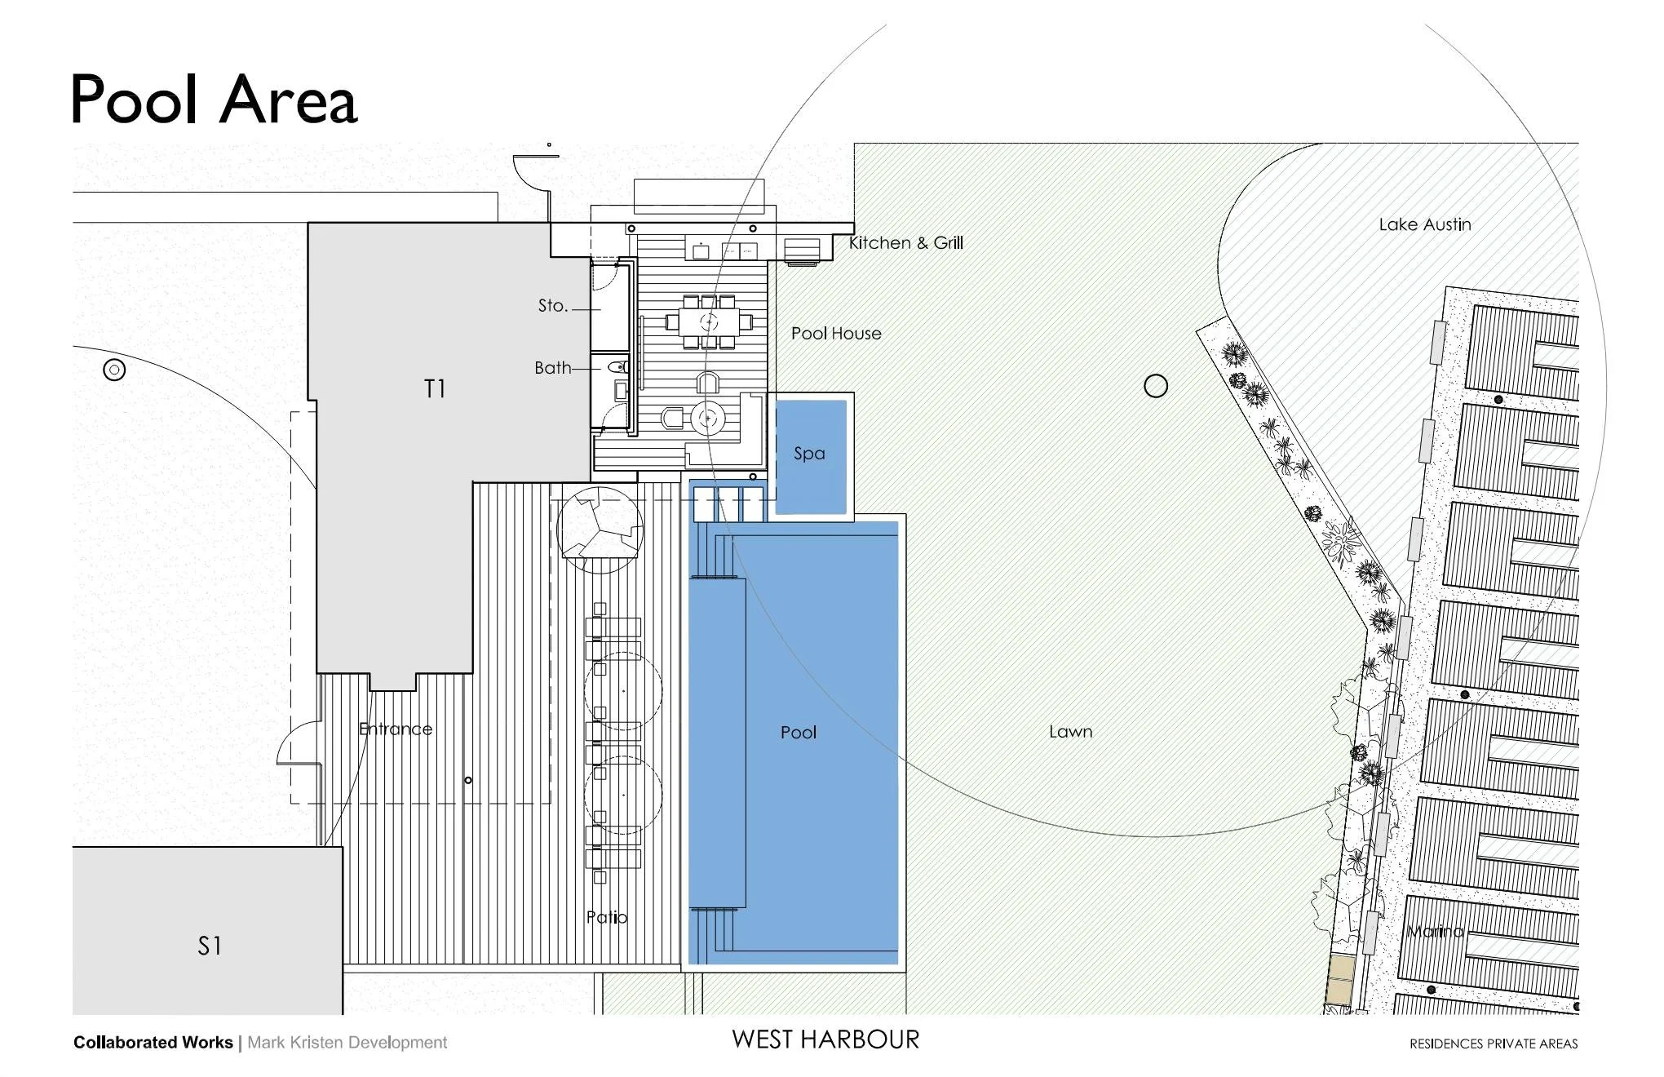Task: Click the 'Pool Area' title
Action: tap(214, 99)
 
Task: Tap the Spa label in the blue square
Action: tap(809, 454)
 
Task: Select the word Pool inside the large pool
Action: tap(798, 733)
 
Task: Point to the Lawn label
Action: tap(1070, 732)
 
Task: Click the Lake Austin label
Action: tap(1424, 224)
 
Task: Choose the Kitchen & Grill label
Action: tap(905, 243)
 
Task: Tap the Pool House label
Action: tap(836, 334)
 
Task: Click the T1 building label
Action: tap(435, 389)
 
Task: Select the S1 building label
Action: tap(210, 946)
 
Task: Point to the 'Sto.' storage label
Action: tap(552, 306)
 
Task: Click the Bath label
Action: tap(552, 368)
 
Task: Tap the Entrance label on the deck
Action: tap(396, 729)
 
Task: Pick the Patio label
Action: tap(607, 917)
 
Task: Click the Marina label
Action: tap(1436, 932)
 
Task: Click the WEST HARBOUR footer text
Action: tap(825, 1039)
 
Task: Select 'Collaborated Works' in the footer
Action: tap(153, 1043)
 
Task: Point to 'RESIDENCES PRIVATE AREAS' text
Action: tap(1493, 1044)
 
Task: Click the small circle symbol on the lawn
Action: tap(1155, 386)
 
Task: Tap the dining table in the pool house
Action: tap(708, 321)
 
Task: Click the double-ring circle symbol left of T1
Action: tap(114, 370)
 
